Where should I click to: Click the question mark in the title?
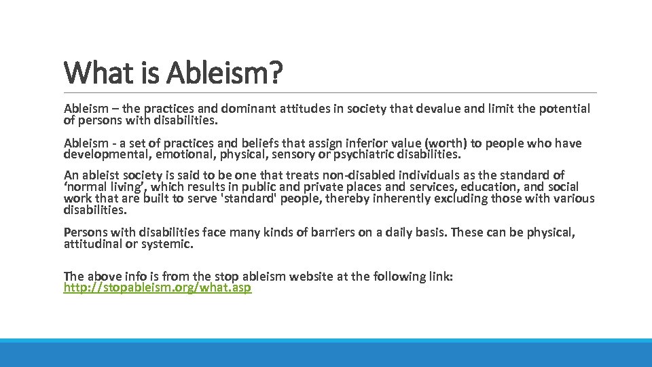point(274,73)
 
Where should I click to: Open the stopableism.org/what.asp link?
point(158,287)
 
